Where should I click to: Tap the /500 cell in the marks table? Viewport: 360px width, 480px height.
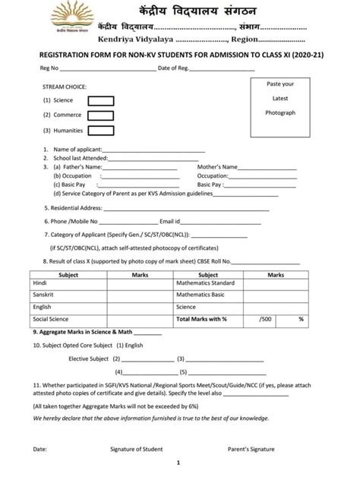(264, 319)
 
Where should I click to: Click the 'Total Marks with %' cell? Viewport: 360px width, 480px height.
(202, 319)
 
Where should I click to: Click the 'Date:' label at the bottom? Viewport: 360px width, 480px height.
(39, 449)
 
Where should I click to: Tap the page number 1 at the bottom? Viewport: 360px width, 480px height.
(178, 463)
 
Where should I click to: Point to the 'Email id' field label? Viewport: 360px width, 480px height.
(170, 221)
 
